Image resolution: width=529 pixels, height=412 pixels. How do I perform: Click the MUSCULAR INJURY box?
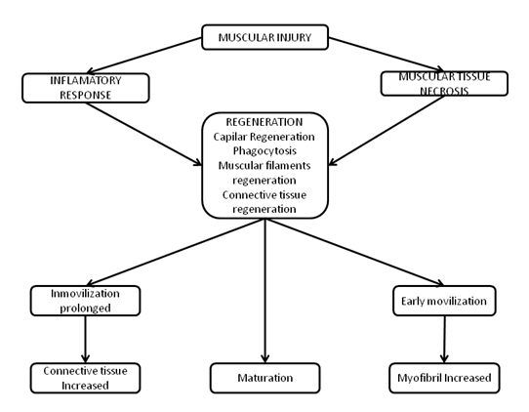264,37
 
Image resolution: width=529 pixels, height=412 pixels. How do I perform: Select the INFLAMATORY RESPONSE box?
86,88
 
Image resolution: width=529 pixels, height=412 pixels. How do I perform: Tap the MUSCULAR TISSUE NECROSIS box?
444,83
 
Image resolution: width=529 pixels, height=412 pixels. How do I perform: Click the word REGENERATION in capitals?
264,122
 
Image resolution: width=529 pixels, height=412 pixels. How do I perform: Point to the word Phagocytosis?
264,150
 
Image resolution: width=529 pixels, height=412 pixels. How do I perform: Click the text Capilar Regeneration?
264,137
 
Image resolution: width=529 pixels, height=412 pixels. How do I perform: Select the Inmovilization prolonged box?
85,301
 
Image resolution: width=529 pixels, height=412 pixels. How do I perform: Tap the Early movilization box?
444,301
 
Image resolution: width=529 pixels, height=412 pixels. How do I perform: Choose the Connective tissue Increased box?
85,378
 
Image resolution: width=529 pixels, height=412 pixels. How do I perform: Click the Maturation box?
264,378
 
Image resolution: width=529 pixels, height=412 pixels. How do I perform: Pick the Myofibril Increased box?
444,378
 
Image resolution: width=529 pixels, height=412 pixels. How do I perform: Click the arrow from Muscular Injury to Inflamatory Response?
144,56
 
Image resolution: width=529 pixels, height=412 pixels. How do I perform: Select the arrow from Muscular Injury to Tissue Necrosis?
386,55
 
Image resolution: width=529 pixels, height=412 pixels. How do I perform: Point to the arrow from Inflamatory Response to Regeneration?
143,134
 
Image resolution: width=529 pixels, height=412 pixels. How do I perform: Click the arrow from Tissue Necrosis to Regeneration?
387,131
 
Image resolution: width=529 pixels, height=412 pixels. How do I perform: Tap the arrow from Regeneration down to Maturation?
265,291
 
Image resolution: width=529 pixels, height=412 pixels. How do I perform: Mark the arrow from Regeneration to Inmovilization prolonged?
176,252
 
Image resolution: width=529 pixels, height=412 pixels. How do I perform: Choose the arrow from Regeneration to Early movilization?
354,252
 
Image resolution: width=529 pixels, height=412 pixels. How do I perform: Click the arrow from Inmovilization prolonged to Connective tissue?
85,339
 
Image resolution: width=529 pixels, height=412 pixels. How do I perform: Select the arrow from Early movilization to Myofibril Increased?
444,339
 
